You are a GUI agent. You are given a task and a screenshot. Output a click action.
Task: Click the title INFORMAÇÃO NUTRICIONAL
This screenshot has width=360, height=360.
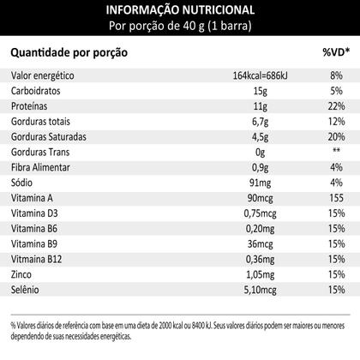pos(180,9)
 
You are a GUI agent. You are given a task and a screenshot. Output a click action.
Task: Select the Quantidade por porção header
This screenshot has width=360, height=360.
pos(69,53)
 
